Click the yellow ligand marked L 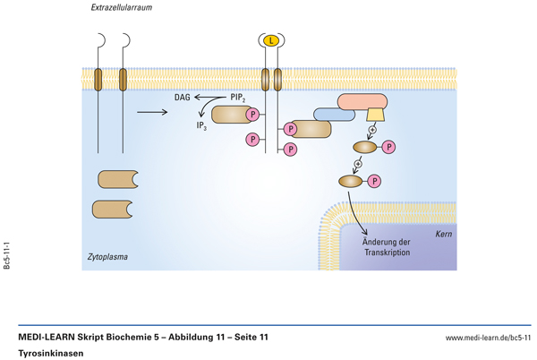pyautogui.click(x=272, y=40)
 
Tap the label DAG pyautogui.click(x=182, y=96)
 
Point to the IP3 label pyautogui.click(x=202, y=126)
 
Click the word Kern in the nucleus pyautogui.click(x=443, y=234)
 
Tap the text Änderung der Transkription pyautogui.click(x=387, y=246)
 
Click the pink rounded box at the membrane pyautogui.click(x=360, y=102)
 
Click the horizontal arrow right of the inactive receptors pyautogui.click(x=153, y=112)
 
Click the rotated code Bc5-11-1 pyautogui.click(x=8, y=256)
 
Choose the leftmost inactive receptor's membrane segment pyautogui.click(x=100, y=80)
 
